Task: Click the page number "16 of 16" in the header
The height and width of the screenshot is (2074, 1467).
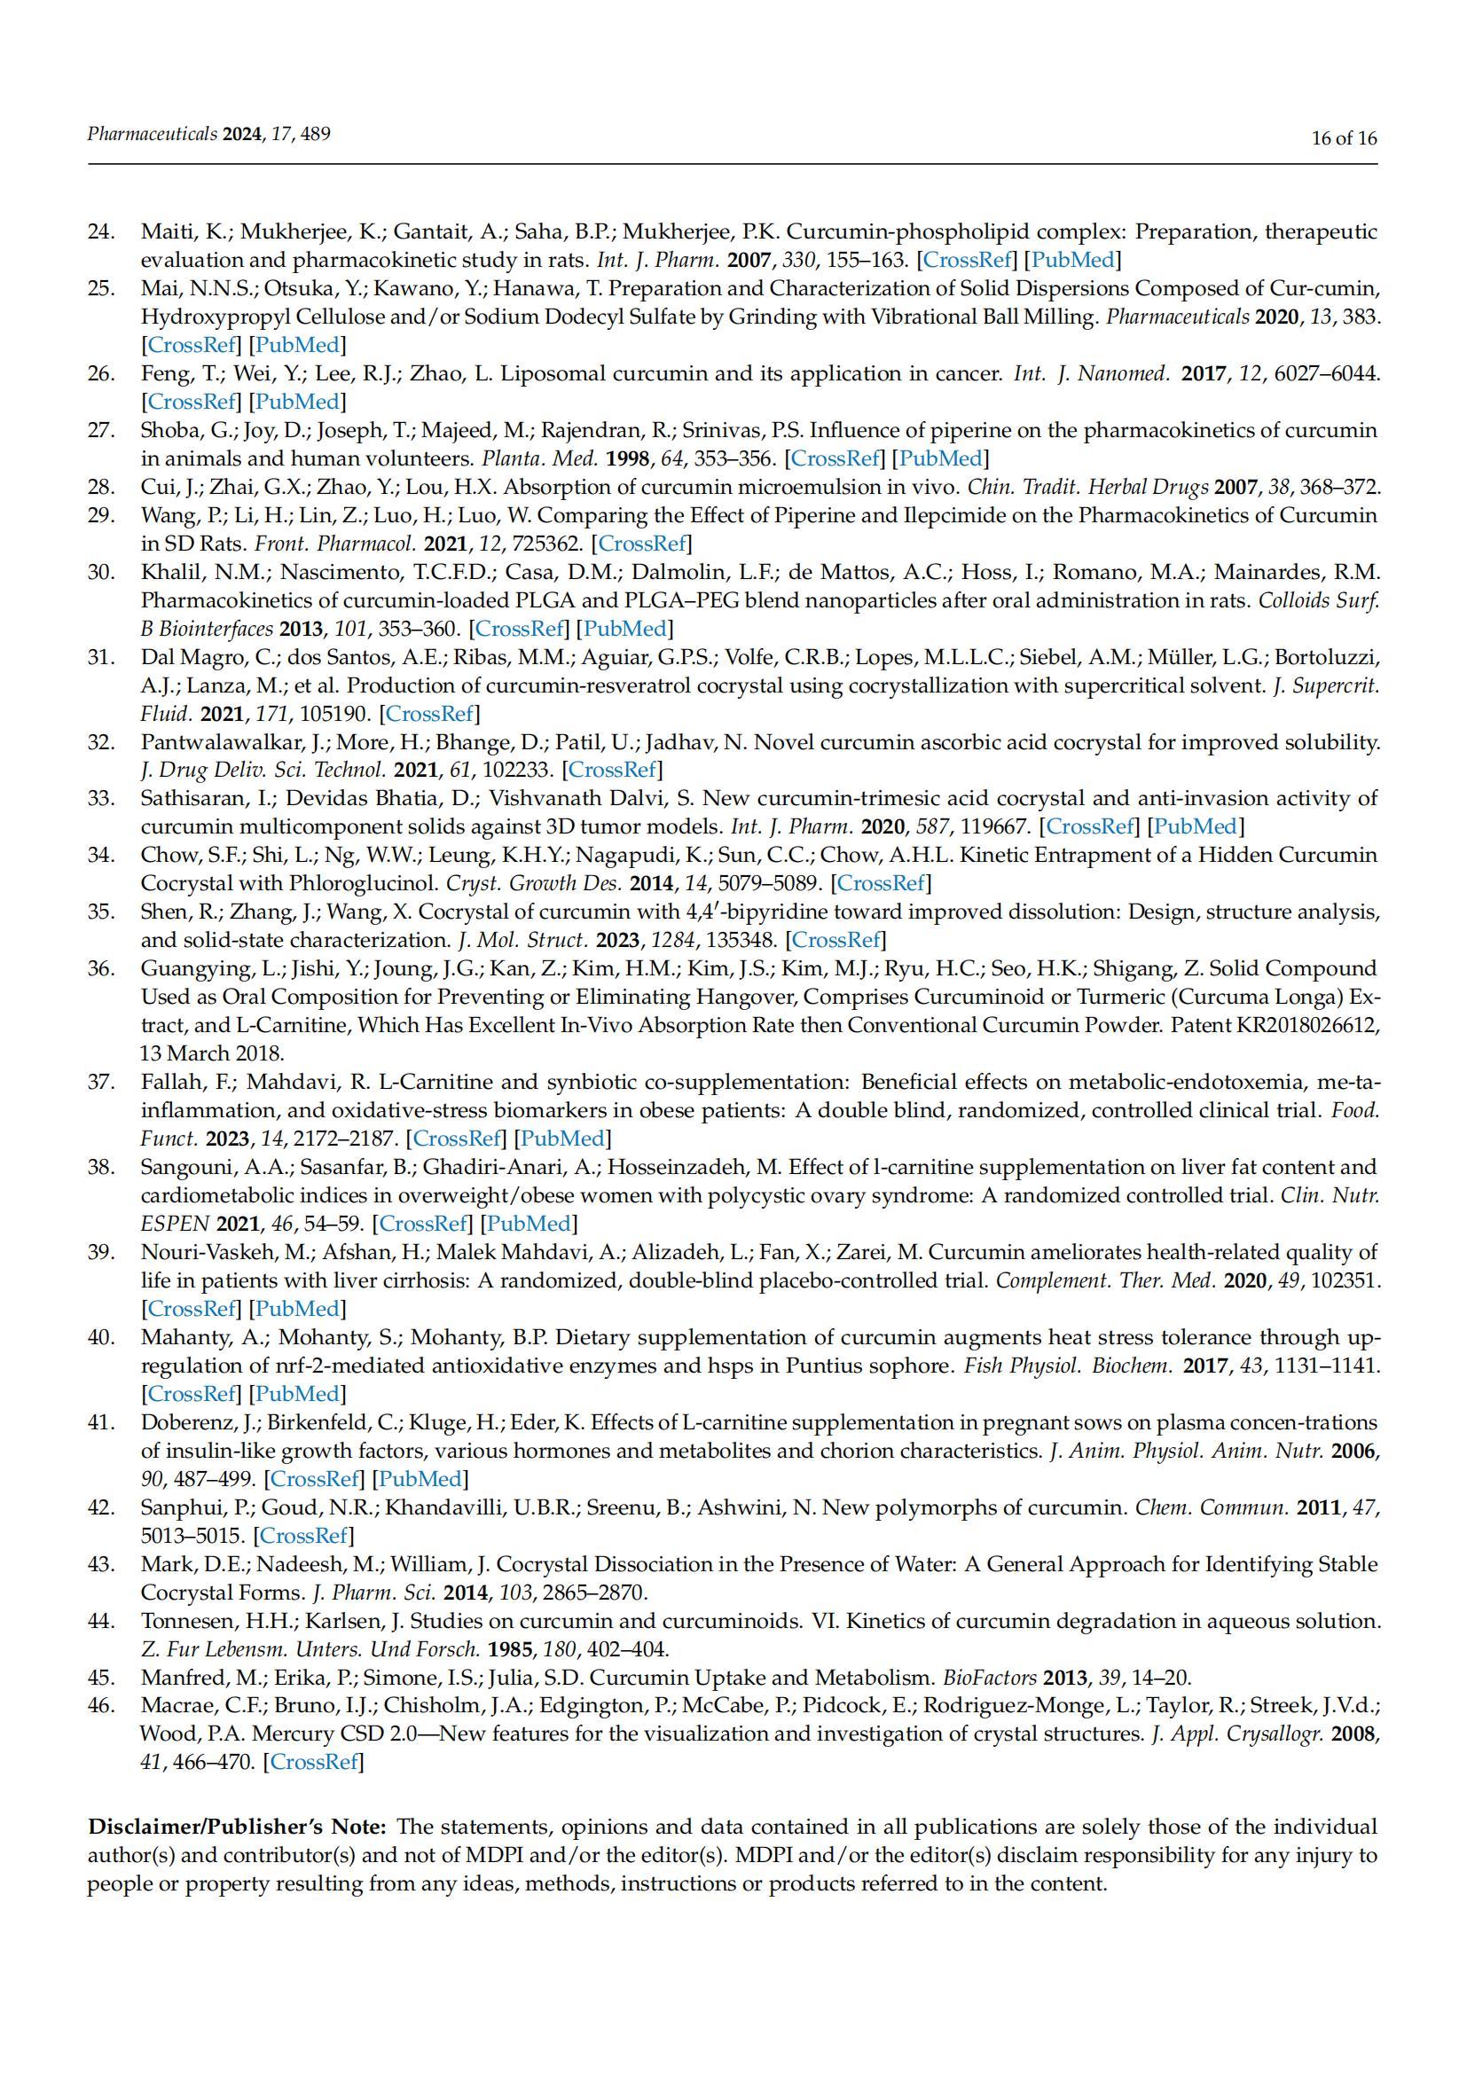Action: coord(1343,138)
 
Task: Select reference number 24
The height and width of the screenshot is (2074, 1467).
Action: coord(101,232)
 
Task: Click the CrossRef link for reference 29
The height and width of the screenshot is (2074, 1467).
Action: coord(643,544)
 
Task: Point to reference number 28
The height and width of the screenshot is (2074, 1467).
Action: coord(101,488)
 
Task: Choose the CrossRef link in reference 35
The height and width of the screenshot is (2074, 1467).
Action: coord(835,940)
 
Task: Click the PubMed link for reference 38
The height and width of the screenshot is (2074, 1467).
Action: coord(529,1224)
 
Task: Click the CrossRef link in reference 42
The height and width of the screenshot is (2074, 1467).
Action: coord(303,1536)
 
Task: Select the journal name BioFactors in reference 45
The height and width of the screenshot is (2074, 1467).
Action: coord(989,1679)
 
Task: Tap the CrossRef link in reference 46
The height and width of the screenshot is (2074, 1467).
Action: coord(314,1762)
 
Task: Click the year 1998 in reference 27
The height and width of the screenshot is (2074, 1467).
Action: coord(628,459)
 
